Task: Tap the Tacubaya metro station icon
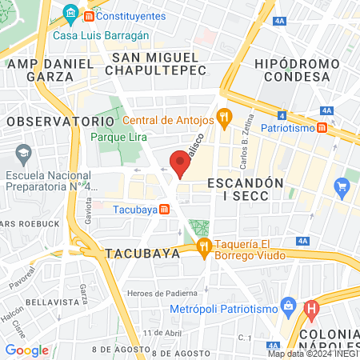coord(164,209)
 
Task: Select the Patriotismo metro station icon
coord(321,127)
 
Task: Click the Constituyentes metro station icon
coord(88,15)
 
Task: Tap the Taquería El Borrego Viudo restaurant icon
coord(205,246)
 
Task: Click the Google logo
coord(26,350)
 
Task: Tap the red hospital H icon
coord(312,306)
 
